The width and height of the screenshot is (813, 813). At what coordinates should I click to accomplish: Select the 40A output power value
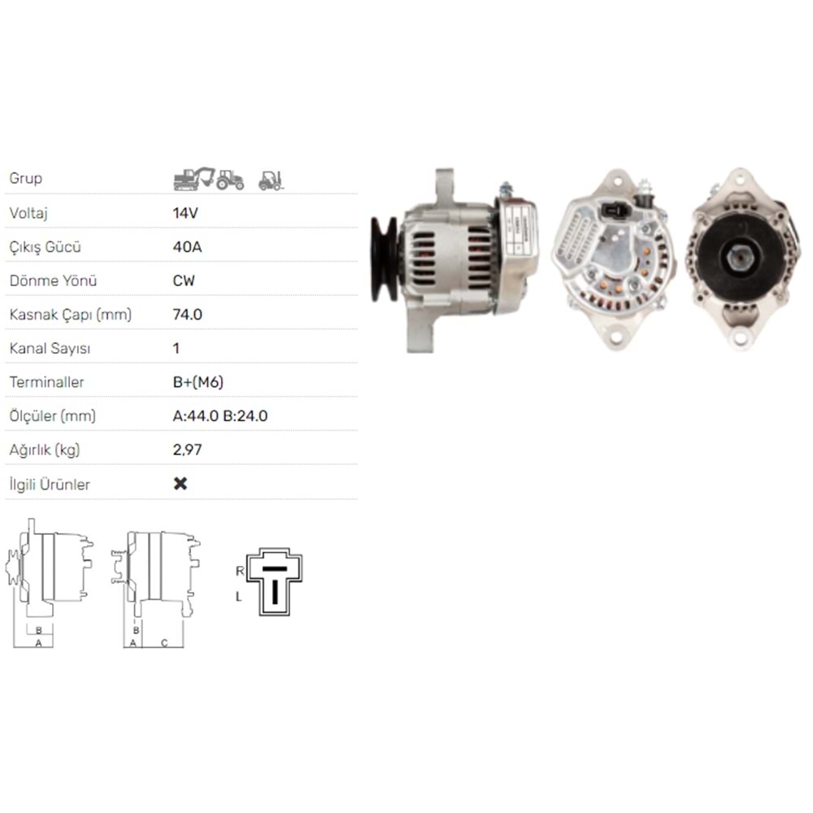pos(188,246)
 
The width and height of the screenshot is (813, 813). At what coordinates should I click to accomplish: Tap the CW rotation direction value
pos(185,280)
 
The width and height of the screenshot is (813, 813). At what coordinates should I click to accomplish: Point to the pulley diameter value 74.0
pos(188,314)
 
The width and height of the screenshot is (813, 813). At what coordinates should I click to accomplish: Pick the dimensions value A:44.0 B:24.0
pos(220,415)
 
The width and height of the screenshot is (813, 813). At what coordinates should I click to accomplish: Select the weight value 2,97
pos(188,450)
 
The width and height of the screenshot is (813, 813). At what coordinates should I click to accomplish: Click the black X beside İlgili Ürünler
pos(180,484)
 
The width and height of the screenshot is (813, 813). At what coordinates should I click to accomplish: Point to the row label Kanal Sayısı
pos(50,348)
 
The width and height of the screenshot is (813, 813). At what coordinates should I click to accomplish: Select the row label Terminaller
pos(46,382)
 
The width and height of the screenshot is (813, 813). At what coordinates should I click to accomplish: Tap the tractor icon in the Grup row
pos(231,180)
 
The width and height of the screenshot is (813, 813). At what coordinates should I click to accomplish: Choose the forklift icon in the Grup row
pos(270,180)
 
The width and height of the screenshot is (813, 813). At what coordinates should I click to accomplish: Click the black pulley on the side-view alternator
pos(384,259)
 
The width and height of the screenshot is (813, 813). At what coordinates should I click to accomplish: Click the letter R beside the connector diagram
pos(240,571)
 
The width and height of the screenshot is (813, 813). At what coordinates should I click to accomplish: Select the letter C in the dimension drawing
pos(163,643)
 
